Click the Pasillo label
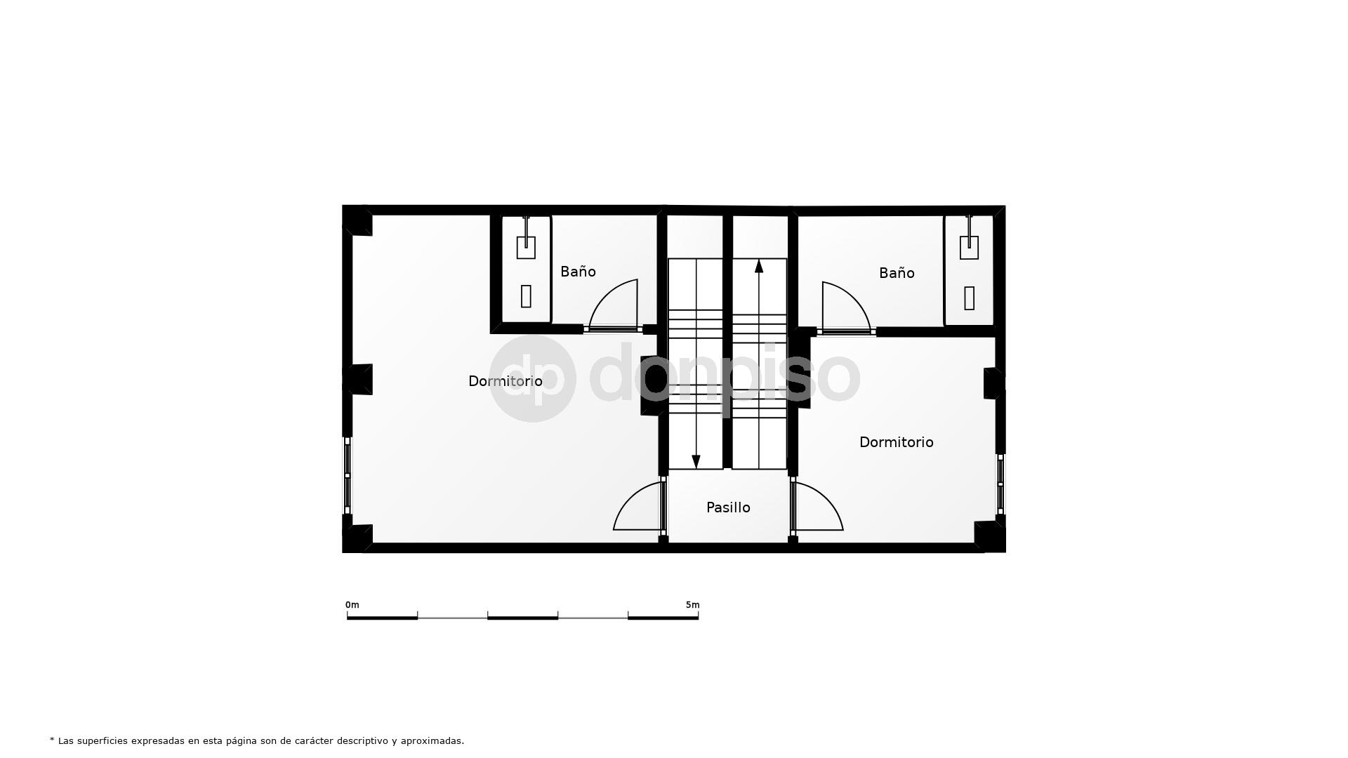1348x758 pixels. click(728, 507)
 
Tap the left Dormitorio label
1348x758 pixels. click(505, 381)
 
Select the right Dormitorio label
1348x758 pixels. click(896, 442)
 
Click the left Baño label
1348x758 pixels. click(578, 272)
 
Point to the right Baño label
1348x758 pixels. click(897, 273)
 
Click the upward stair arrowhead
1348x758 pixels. click(759, 266)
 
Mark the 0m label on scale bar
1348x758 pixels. click(352, 605)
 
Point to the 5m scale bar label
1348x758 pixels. click(692, 605)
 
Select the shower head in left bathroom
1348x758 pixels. click(526, 246)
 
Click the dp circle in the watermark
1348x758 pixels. click(532, 378)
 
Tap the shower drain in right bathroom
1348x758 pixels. click(969, 298)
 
